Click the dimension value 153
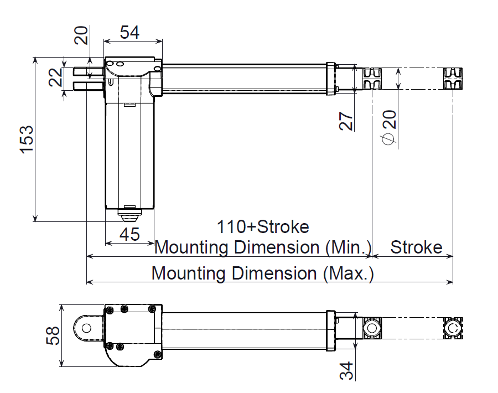pyautogui.click(x=27, y=139)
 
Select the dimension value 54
pyautogui.click(x=130, y=33)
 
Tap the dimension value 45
pyautogui.click(x=130, y=234)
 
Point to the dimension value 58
pyautogui.click(x=53, y=335)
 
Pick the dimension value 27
pyautogui.click(x=346, y=120)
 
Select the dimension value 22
pyautogui.click(x=55, y=77)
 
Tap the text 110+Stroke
pyautogui.click(x=263, y=227)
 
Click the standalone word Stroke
pyautogui.click(x=416, y=247)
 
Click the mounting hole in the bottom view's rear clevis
pyautogui.click(x=86, y=327)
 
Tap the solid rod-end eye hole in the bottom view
pyautogui.click(x=371, y=328)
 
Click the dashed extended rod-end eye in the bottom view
pyautogui.click(x=453, y=328)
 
